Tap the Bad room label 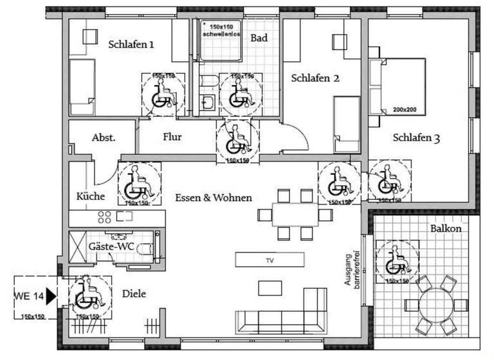259,39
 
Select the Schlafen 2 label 315,78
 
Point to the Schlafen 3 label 416,138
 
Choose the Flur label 172,137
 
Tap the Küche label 90,196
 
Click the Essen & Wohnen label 213,197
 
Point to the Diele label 134,294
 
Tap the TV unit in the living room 270,260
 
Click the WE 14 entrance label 29,296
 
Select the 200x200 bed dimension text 406,110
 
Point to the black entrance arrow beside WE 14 51,296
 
